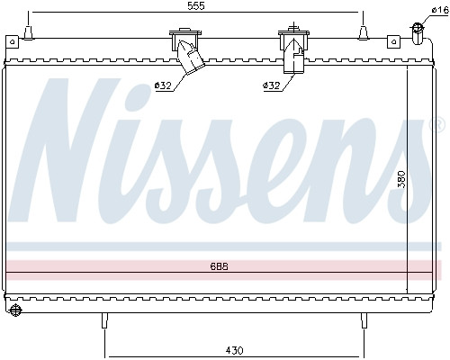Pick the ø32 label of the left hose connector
pyautogui.click(x=163, y=85)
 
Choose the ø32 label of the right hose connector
pyautogui.click(x=272, y=85)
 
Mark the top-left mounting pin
pyautogui.click(x=29, y=33)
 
